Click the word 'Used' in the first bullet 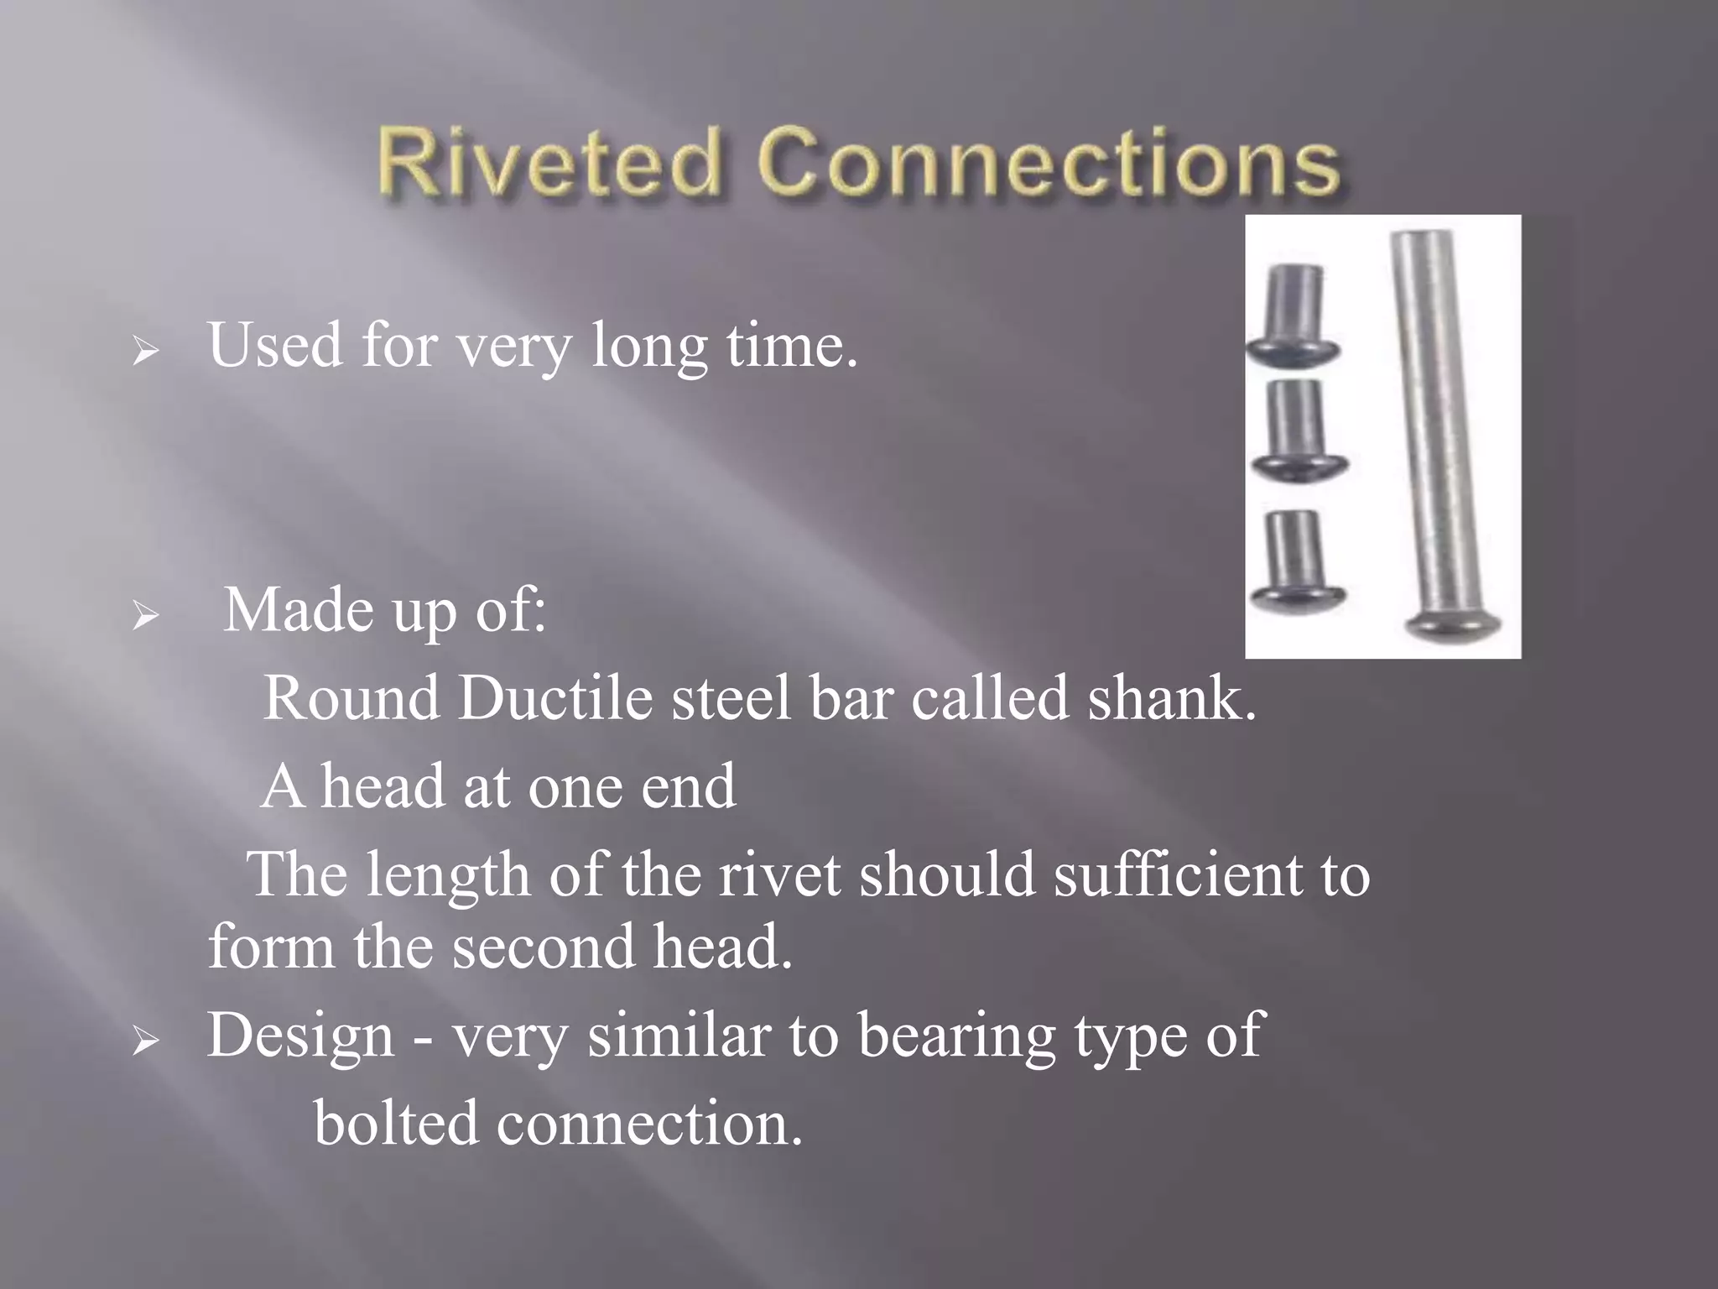275,345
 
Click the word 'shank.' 1172,697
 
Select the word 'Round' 351,697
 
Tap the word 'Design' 300,1035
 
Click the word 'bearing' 956,1036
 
